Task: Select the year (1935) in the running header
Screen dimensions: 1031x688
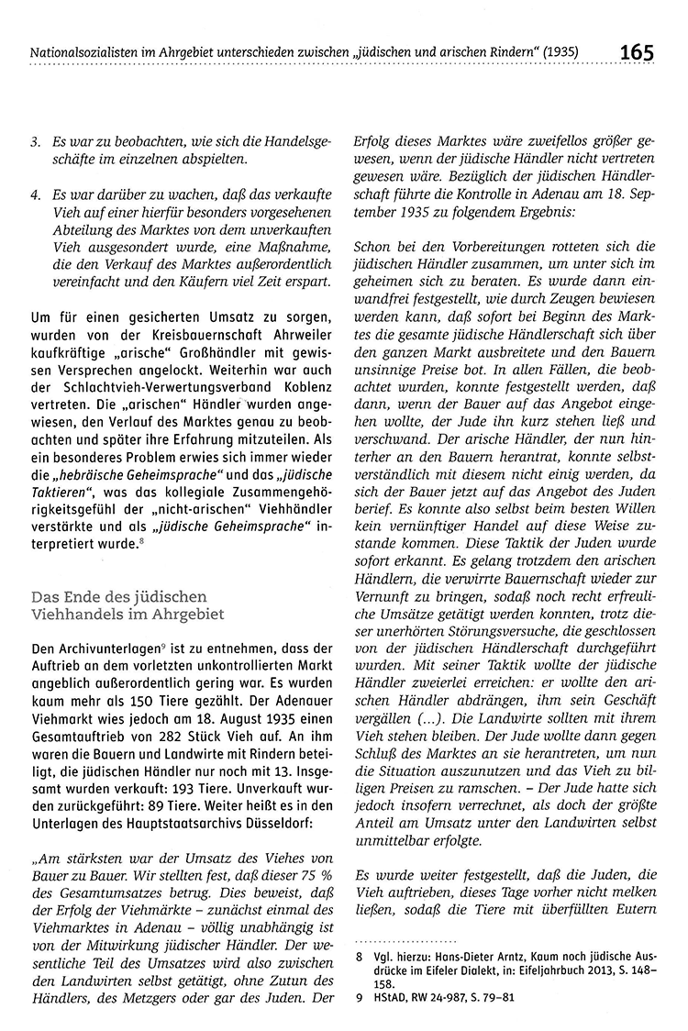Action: click(x=558, y=51)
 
